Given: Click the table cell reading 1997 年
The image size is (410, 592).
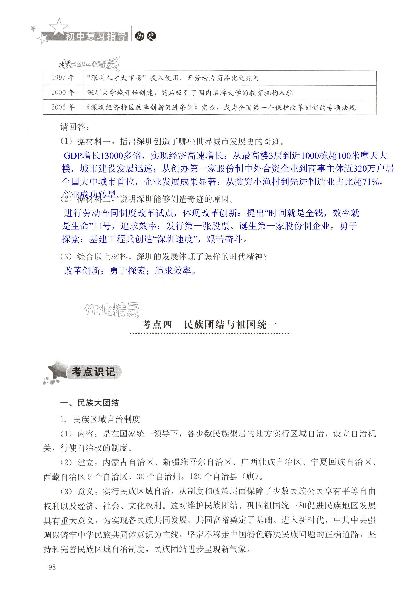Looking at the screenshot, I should (x=63, y=78).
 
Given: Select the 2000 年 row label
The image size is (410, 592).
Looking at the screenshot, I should (x=63, y=92).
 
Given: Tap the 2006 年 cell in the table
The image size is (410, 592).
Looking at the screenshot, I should (x=63, y=107).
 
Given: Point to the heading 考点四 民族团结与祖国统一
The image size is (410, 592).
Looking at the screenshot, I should (x=209, y=325).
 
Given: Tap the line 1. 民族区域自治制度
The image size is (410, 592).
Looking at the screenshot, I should (x=100, y=419).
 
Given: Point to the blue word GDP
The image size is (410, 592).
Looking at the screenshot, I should (x=73, y=156).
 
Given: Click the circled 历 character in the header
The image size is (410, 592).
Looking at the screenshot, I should (x=140, y=36).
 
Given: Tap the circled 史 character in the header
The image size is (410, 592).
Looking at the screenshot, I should (x=151, y=36).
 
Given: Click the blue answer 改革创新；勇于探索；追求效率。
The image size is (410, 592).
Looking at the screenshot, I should (x=130, y=271).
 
